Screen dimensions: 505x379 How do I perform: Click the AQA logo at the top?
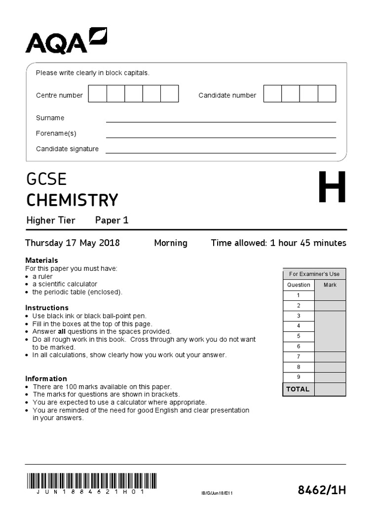point(66,41)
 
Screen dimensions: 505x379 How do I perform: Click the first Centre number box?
point(97,94)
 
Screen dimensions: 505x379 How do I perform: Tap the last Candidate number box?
point(327,94)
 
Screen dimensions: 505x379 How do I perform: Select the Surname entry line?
point(221,118)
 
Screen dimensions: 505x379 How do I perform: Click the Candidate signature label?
point(67,149)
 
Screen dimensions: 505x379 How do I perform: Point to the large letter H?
point(332,188)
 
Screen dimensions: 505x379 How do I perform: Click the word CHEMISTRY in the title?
point(72,200)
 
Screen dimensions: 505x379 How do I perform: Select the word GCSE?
point(46,179)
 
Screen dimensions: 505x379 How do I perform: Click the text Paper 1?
point(112,220)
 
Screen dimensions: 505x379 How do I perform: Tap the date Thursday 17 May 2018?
point(73,243)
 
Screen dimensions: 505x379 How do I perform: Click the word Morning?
point(171,243)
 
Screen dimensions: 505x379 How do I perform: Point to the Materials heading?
point(41,260)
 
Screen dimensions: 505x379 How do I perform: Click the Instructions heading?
point(47,308)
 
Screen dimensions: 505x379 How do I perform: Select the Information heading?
point(46,379)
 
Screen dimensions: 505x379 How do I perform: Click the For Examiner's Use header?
point(314,274)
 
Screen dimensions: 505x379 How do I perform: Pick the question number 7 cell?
point(298,357)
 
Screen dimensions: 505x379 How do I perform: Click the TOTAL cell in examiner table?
point(298,389)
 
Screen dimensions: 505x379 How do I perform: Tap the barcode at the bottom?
point(91,480)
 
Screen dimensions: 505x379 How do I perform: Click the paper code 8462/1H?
point(322,490)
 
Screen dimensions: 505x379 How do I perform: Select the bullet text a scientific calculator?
point(65,284)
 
